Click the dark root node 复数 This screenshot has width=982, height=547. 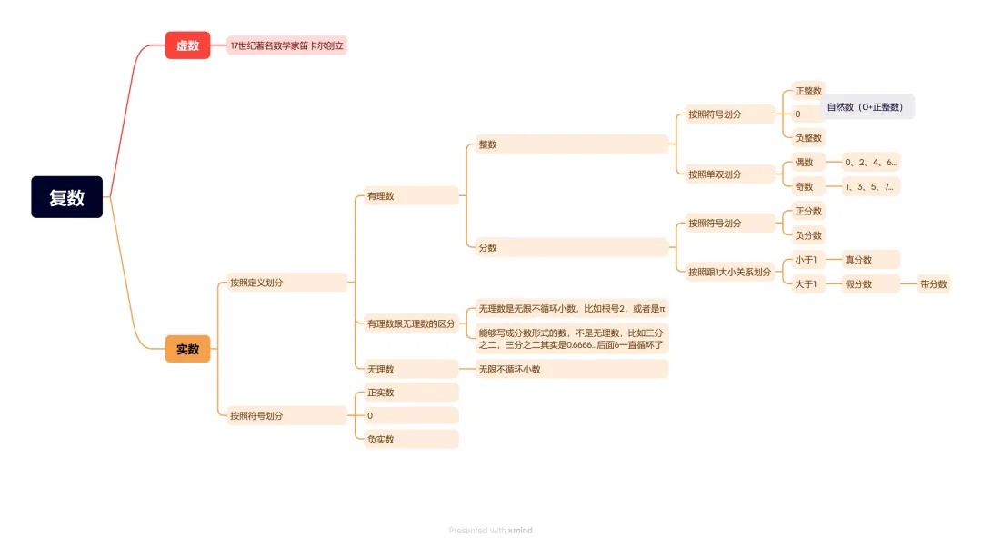coord(66,197)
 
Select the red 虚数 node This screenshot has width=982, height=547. coord(187,45)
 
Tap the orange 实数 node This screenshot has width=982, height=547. coord(187,349)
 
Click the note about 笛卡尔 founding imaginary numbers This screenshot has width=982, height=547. coord(286,45)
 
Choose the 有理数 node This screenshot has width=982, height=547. coord(405,195)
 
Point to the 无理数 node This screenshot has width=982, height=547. coord(405,369)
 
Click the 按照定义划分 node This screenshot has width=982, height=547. coord(282,283)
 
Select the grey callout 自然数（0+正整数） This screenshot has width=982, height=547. coord(866,107)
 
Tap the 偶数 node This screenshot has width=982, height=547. coord(806,163)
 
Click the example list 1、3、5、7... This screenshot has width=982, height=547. coord(870,187)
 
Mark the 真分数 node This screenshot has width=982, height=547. coord(870,260)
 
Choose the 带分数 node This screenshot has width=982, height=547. coord(933,284)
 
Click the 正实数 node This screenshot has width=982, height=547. coord(405,393)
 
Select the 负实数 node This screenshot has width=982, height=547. coord(405,439)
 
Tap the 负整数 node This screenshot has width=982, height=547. coord(807,138)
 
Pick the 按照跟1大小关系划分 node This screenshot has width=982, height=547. coord(729,272)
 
